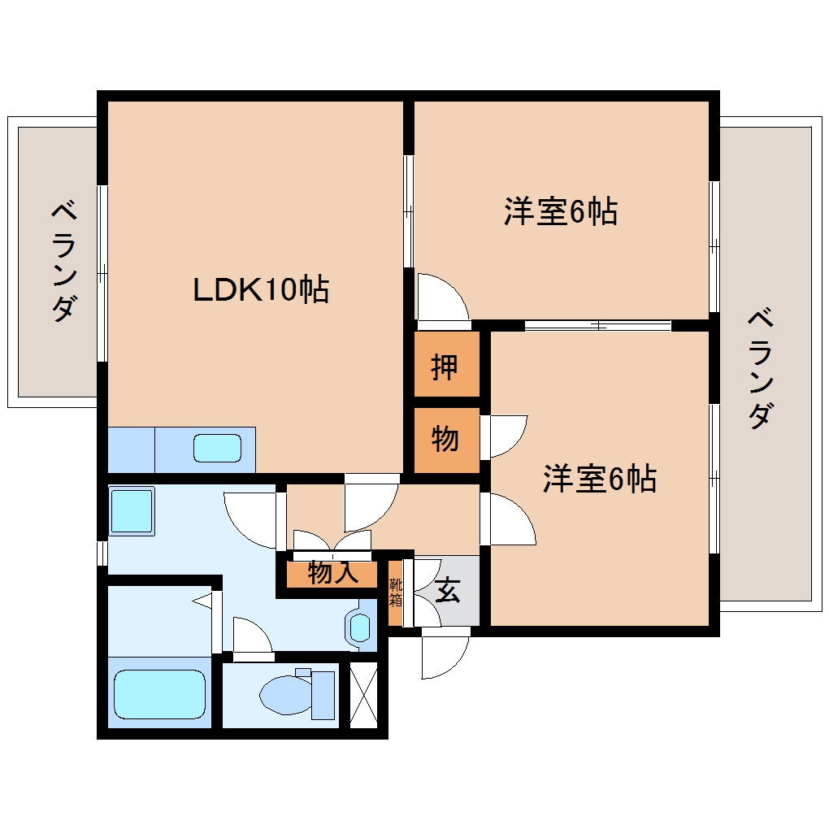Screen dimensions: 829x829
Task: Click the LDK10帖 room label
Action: [x=260, y=289]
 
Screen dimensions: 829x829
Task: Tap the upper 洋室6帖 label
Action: [x=560, y=212]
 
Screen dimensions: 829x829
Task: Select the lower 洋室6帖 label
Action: [x=600, y=480]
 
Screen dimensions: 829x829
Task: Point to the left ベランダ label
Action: [x=65, y=261]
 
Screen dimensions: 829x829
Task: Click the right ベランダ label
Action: [x=759, y=367]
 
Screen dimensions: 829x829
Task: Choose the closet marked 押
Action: [x=445, y=367]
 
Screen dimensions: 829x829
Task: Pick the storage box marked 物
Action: [x=445, y=440]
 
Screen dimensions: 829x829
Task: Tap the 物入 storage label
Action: [x=333, y=574]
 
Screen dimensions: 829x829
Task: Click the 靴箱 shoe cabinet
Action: [x=395, y=592]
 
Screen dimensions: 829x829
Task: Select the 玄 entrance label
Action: [x=448, y=591]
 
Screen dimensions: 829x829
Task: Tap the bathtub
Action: [x=159, y=693]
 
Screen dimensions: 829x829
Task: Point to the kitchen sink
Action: [x=217, y=449]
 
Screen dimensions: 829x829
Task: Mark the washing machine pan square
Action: [x=131, y=511]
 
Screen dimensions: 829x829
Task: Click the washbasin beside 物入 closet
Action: [x=359, y=627]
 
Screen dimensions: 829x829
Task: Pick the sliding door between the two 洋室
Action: [x=597, y=326]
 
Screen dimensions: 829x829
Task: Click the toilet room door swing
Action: [x=250, y=636]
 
